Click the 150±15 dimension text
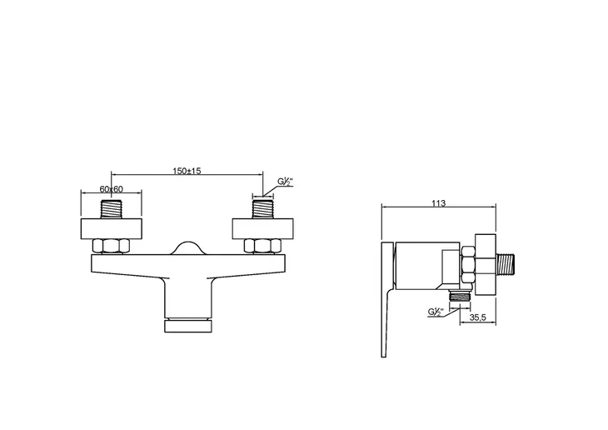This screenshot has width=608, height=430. pos(187,171)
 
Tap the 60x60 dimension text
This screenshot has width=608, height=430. pos(112,189)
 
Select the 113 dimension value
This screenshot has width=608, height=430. pos(439,203)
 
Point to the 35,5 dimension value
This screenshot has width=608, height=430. pos(478,317)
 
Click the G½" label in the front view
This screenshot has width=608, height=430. pos(285,182)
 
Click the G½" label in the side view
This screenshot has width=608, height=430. pos(436,312)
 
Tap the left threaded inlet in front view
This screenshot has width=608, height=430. pos(112,209)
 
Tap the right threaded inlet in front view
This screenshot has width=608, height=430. pos(263,209)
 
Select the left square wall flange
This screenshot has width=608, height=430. pos(112,229)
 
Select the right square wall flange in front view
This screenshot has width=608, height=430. pos(263,229)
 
